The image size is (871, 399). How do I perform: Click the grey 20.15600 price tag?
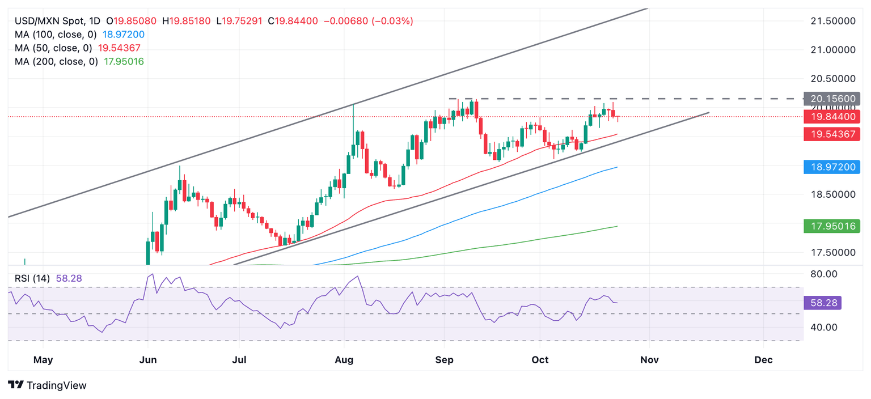[832, 98]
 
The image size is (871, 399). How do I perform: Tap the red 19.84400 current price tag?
[832, 117]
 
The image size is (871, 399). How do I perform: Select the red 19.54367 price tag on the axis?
[832, 134]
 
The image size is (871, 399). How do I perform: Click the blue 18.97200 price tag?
[832, 167]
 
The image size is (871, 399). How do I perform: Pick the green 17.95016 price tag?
[832, 227]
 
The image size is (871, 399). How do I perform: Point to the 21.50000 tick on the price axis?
[831, 21]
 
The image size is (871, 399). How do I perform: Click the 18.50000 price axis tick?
[831, 194]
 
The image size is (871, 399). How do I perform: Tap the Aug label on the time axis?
[344, 359]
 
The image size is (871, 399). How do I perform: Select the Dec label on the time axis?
[763, 359]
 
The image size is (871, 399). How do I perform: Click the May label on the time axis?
[43, 359]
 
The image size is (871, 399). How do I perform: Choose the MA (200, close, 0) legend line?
[79, 61]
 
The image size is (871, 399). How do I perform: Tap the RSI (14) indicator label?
[33, 278]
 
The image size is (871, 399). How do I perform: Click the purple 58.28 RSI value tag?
[822, 303]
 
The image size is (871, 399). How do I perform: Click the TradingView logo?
[48, 385]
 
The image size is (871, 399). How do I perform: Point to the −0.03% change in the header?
[393, 21]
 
